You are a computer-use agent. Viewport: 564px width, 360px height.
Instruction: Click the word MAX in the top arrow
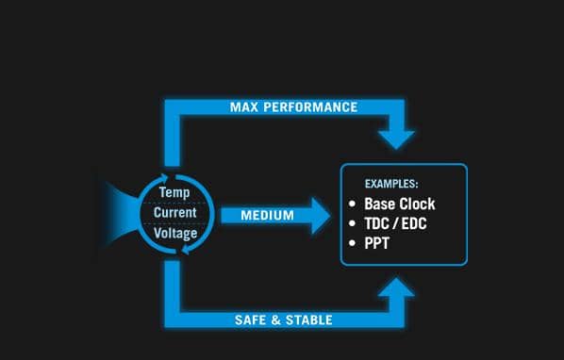[244, 107]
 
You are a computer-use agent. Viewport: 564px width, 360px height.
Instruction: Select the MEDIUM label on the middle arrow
[267, 216]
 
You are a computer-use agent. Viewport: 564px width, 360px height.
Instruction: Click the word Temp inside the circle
[174, 192]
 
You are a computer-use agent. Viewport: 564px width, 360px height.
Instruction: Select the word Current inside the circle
[175, 212]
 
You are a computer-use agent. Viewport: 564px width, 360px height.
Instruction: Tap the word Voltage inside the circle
[175, 232]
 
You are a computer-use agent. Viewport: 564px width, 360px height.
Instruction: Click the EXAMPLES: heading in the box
[391, 183]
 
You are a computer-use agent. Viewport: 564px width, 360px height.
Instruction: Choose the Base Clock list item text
[400, 204]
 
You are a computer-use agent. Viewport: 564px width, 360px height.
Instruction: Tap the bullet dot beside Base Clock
[353, 204]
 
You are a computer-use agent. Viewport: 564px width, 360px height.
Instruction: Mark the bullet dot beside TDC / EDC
[353, 223]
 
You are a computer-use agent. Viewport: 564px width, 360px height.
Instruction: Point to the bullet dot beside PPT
[353, 243]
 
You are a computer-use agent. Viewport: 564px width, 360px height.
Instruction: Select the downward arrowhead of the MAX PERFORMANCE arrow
[396, 138]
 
